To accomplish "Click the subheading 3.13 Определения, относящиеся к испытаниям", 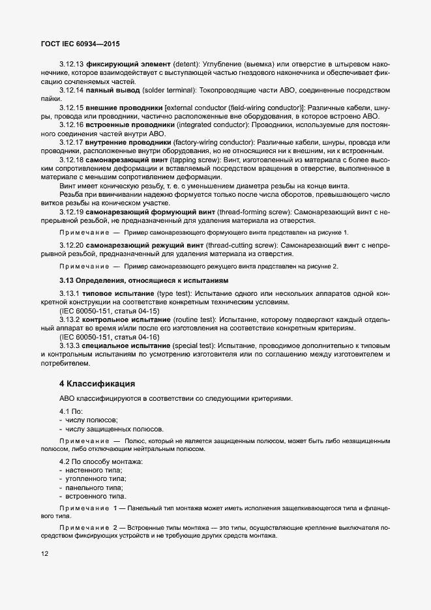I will [x=144, y=280].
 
